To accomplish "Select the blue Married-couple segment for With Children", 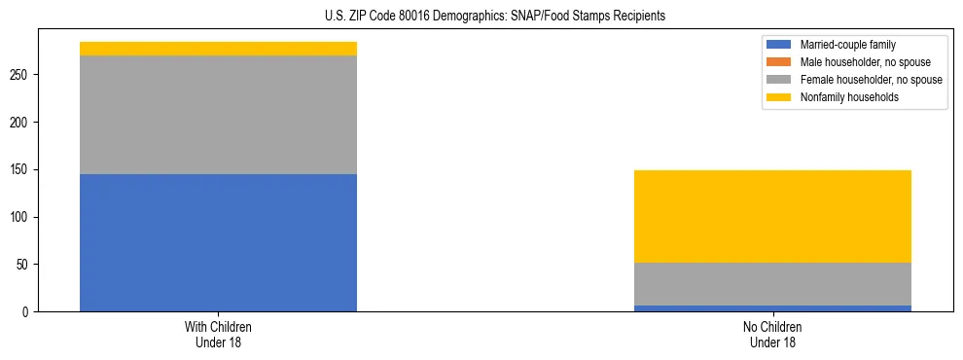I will (218, 242).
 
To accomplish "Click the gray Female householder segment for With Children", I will (218, 115).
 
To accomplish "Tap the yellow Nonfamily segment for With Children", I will (218, 49).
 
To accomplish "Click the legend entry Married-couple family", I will (847, 45).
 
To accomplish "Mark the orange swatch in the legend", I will (779, 62).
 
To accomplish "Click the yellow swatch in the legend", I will (779, 97).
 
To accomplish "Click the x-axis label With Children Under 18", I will (218, 335).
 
